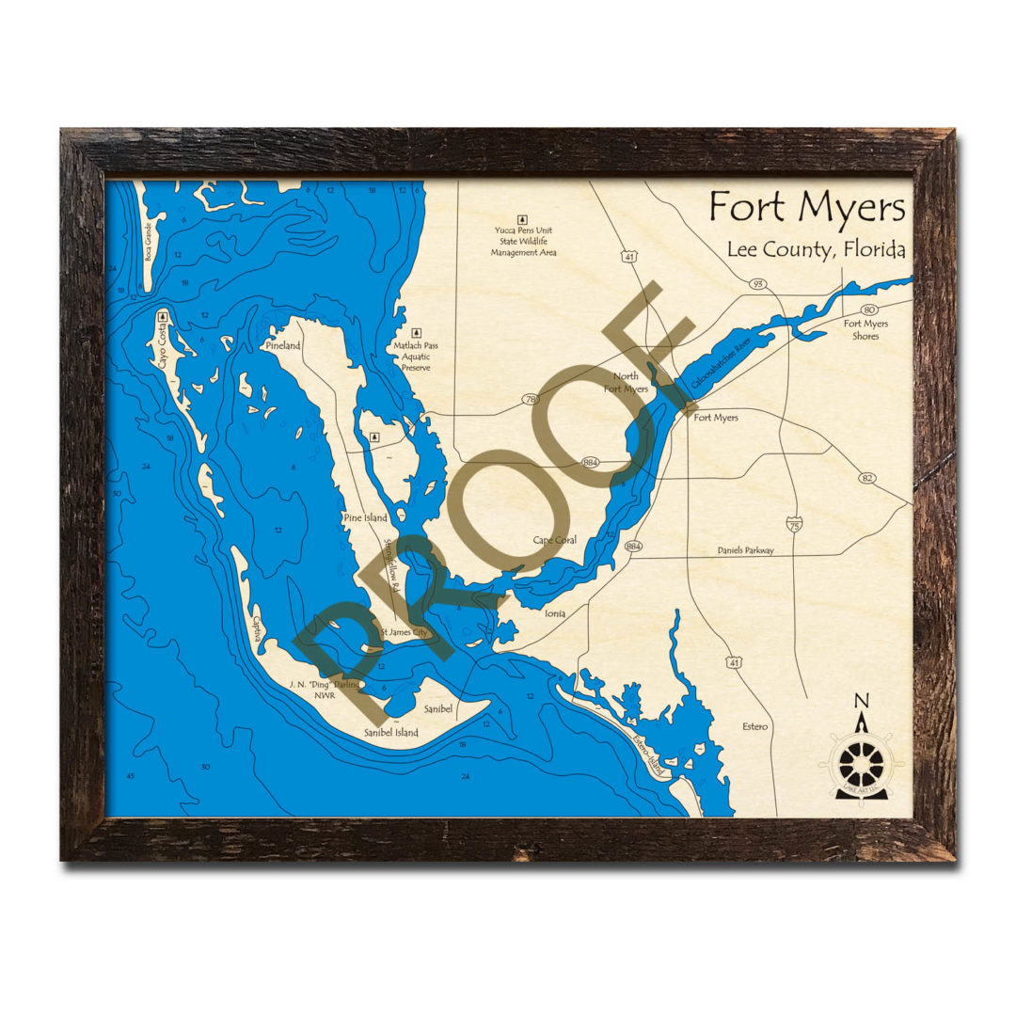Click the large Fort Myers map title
tap(807, 207)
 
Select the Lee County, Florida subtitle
tap(816, 250)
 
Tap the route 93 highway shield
tap(757, 283)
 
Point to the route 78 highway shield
tap(532, 400)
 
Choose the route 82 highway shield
tap(866, 478)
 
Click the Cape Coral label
tap(554, 540)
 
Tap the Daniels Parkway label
tap(745, 550)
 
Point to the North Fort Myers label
tap(626, 382)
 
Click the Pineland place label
tap(282, 346)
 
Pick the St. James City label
tap(404, 632)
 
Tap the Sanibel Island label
tap(391, 732)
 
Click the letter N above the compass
tap(860, 700)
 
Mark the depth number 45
tap(131, 775)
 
